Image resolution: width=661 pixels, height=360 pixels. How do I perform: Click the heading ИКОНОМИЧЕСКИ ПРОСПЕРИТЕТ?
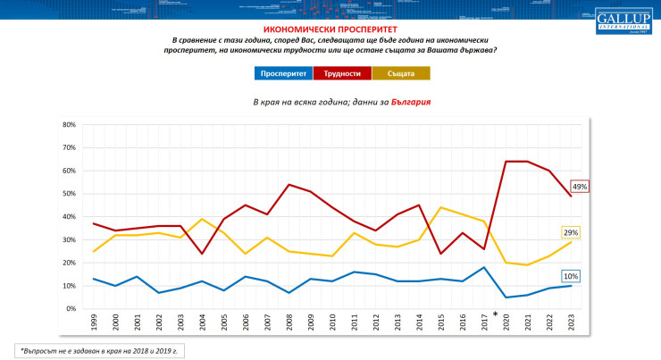(x=330, y=29)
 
